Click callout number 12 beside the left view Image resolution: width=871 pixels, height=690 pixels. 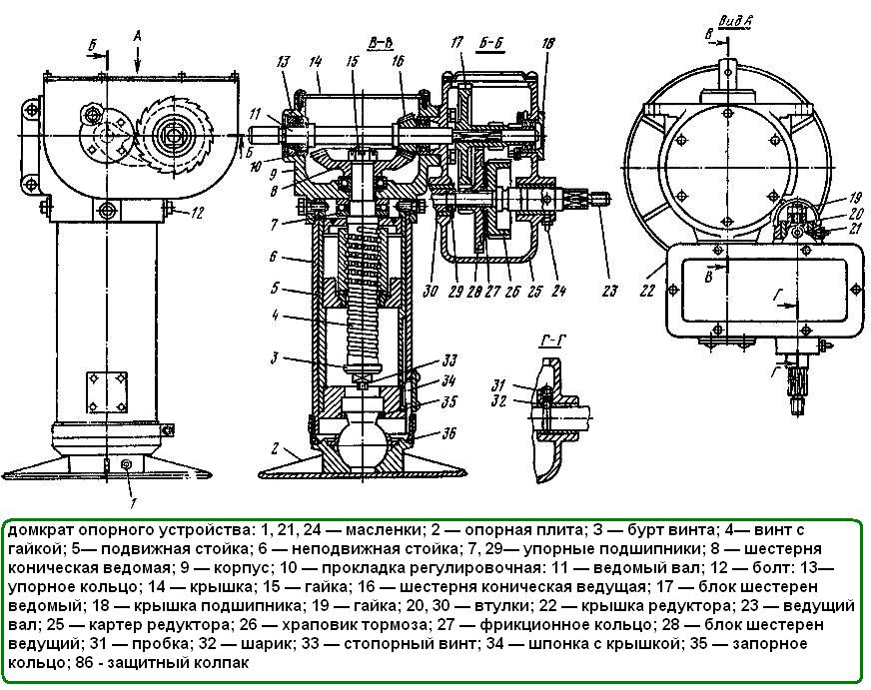point(198,212)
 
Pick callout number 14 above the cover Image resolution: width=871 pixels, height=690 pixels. point(316,60)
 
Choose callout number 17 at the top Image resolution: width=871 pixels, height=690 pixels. point(457,42)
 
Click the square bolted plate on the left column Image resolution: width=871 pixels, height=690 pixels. point(108,389)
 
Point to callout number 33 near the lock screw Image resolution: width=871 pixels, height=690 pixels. point(450,359)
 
